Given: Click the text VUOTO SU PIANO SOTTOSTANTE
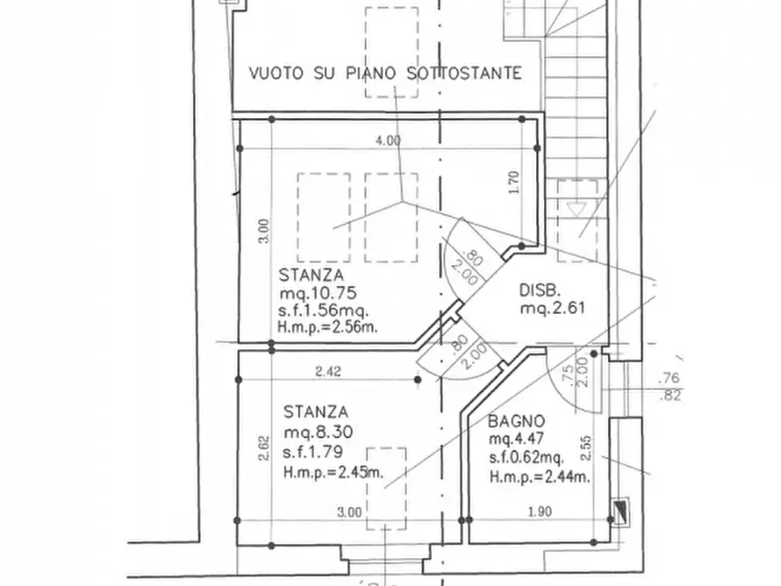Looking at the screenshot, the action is point(385,73).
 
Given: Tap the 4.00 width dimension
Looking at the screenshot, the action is point(387,141).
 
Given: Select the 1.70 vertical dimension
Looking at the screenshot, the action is point(514,183).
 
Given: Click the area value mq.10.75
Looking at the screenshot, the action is point(317,292).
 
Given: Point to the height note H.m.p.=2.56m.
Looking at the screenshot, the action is point(328,327).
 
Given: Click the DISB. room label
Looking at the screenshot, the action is point(540,290).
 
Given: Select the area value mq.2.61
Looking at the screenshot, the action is point(553,308).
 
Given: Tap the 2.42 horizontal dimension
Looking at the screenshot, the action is point(328,371).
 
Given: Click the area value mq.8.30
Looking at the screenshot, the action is point(318,431).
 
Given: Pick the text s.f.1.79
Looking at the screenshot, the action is point(313,452).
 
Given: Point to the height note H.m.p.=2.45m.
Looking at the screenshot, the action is point(333,472).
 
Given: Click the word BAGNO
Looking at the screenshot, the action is point(516,422).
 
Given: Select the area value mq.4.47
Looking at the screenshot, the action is point(516,439).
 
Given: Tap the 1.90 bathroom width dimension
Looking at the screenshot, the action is point(540,512).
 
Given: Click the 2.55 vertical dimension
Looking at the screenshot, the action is point(586,448).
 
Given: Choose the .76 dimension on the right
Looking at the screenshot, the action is point(669,379).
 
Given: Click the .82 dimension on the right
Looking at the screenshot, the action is point(670,396).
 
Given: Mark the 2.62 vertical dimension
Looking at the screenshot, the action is point(264,449).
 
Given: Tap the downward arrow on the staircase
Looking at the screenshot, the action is point(576,209).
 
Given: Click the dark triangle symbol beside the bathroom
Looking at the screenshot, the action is point(621,510).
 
